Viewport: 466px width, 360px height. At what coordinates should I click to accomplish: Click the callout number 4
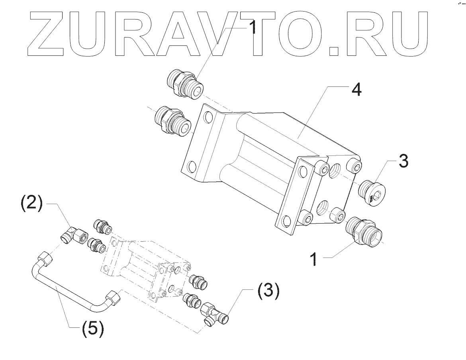(x=356, y=91)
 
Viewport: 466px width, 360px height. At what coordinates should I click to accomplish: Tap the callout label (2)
(x=31, y=204)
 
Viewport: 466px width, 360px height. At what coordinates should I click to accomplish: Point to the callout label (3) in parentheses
(x=266, y=292)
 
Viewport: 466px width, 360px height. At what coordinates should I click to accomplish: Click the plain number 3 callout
(x=403, y=161)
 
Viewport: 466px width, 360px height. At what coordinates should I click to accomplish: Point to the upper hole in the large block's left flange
(x=208, y=117)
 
